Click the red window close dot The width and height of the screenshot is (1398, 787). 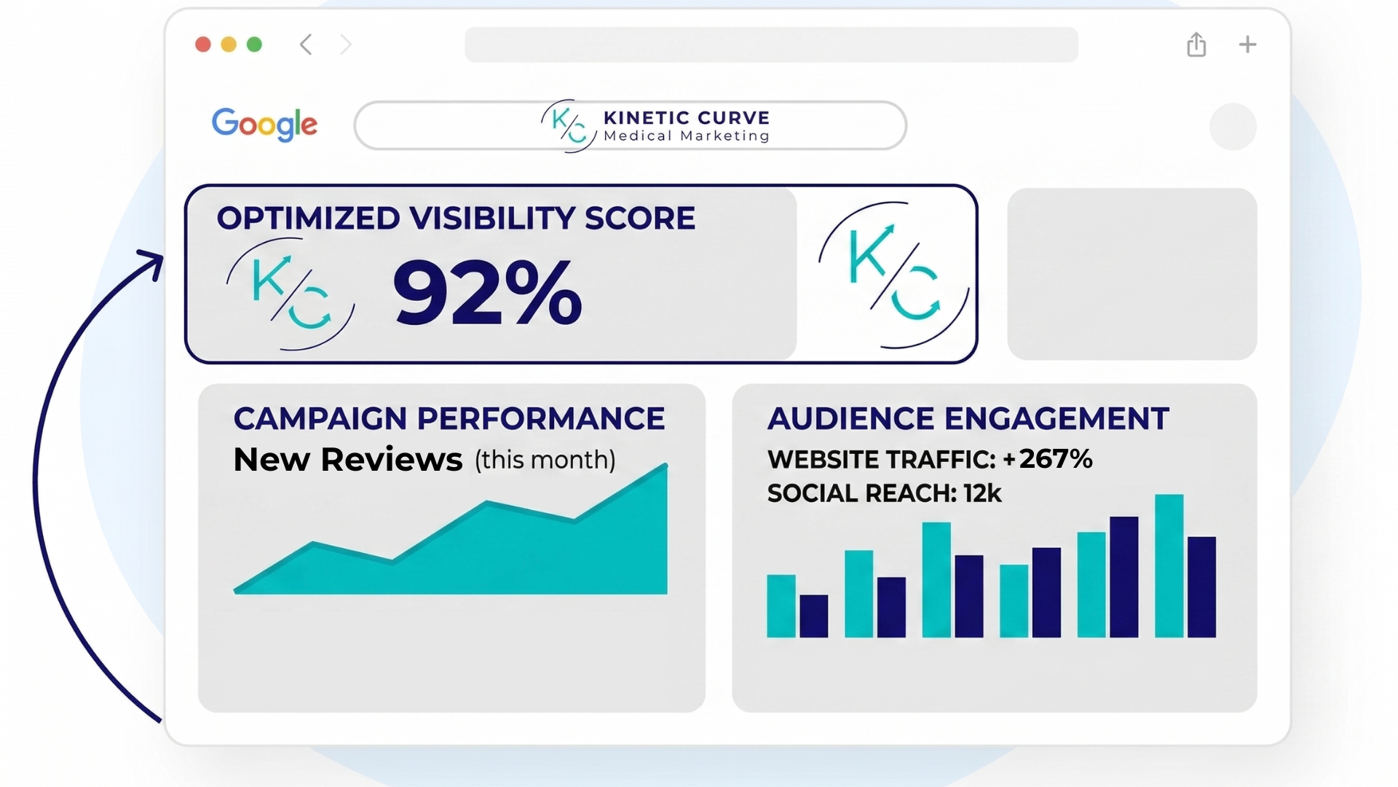click(x=203, y=44)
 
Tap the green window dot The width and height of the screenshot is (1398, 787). click(x=254, y=44)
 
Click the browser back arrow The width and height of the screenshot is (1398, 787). click(x=306, y=44)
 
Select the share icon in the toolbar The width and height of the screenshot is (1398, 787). click(x=1196, y=44)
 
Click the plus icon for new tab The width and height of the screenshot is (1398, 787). click(x=1247, y=44)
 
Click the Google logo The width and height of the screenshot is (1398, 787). click(x=264, y=125)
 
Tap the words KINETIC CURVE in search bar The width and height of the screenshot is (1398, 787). click(x=686, y=118)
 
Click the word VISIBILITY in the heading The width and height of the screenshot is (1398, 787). click(x=491, y=219)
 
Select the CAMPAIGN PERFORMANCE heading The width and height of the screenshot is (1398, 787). click(x=449, y=419)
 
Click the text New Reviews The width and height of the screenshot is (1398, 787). click(x=347, y=460)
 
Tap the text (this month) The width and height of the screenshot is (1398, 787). click(x=545, y=460)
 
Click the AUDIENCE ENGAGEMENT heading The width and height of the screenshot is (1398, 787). click(x=968, y=419)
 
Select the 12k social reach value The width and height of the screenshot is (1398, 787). click(x=982, y=493)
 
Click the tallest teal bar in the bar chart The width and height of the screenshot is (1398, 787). click(x=1169, y=565)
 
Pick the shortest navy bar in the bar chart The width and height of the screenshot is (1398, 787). click(x=813, y=616)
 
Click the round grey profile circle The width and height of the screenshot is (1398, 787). click(x=1233, y=127)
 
